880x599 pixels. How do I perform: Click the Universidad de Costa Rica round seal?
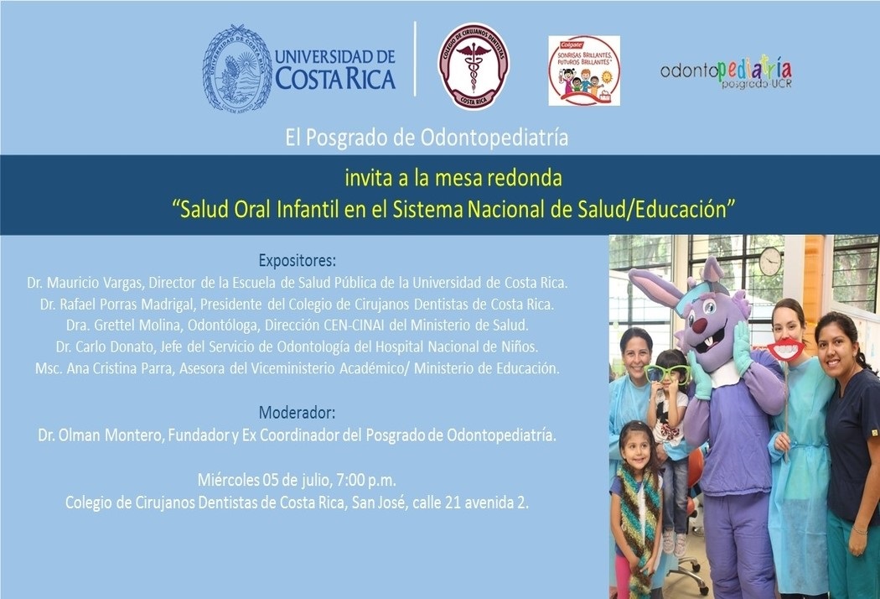[237, 67]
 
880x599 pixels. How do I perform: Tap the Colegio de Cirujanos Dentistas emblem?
[474, 66]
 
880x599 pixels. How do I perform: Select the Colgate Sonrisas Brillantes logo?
[584, 70]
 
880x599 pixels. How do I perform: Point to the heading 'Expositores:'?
[297, 261]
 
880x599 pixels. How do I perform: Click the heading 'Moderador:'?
[297, 413]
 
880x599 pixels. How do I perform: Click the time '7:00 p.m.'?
[366, 481]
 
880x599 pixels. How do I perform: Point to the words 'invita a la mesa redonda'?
[453, 178]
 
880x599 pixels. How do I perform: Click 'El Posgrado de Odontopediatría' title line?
[427, 138]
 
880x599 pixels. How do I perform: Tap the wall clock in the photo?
[770, 262]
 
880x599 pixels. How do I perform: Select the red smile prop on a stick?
[786, 350]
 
